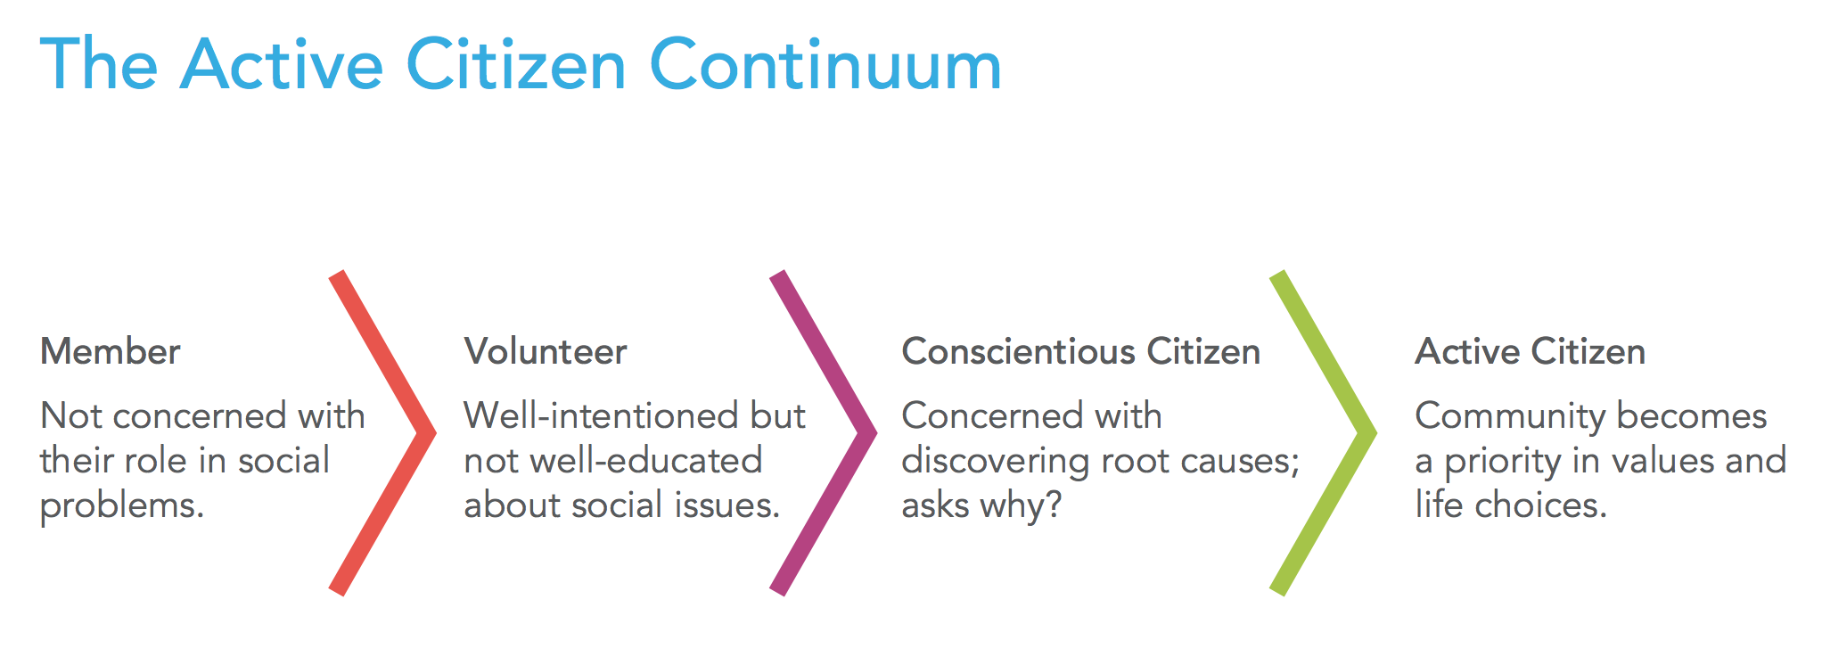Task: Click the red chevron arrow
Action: point(419,433)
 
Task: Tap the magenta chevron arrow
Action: point(860,433)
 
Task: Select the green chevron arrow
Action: point(1360,433)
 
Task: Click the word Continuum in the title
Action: point(825,65)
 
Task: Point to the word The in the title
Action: point(99,65)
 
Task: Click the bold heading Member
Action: point(111,351)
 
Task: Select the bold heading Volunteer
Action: point(546,351)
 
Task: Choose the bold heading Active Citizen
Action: point(1530,351)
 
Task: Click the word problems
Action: point(122,506)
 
